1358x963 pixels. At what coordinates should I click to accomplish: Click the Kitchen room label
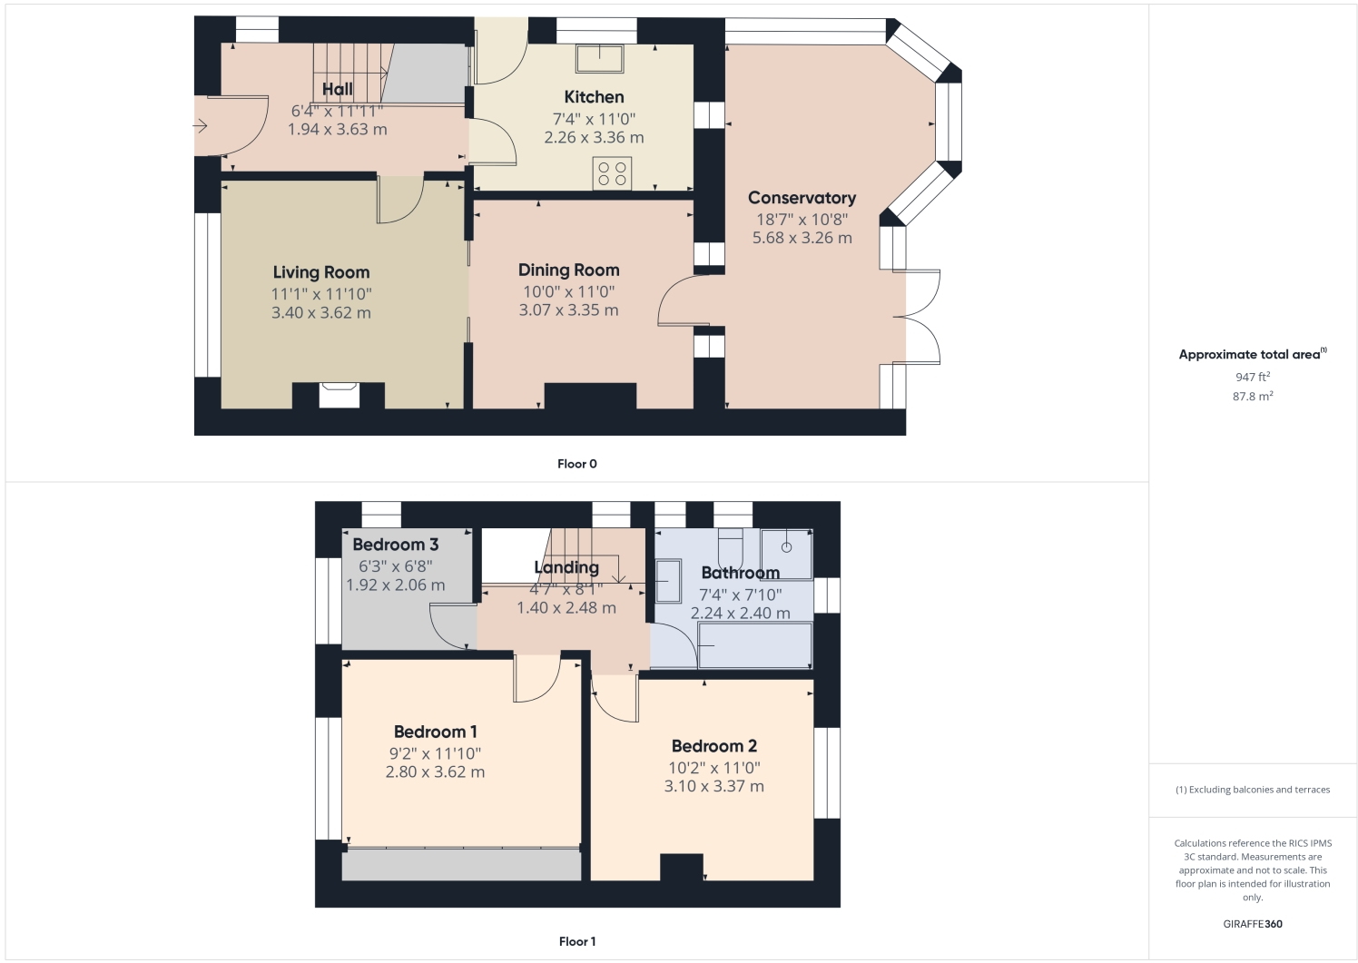click(594, 97)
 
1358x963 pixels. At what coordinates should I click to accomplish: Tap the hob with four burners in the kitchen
click(612, 173)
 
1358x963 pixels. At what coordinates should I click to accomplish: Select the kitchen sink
click(599, 58)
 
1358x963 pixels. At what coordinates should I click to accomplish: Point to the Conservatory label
click(802, 198)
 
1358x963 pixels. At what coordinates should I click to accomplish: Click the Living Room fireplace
click(339, 395)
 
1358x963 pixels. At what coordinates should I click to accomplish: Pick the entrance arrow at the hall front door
click(202, 126)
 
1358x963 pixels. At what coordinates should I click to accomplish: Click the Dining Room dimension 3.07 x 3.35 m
click(568, 310)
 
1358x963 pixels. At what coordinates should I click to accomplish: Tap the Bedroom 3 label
click(395, 545)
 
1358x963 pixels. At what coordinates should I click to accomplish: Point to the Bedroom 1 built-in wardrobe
click(461, 865)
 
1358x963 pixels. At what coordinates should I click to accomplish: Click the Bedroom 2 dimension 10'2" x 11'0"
click(713, 768)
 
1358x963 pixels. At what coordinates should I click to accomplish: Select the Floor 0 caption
click(577, 464)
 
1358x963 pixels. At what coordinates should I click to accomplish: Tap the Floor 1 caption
click(577, 941)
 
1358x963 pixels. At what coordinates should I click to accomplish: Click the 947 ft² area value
click(1252, 377)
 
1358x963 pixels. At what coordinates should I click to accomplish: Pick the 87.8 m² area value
click(1252, 397)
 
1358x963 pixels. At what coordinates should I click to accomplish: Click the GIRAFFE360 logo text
click(1252, 924)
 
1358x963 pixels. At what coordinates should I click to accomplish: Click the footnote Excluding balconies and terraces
click(1252, 790)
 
